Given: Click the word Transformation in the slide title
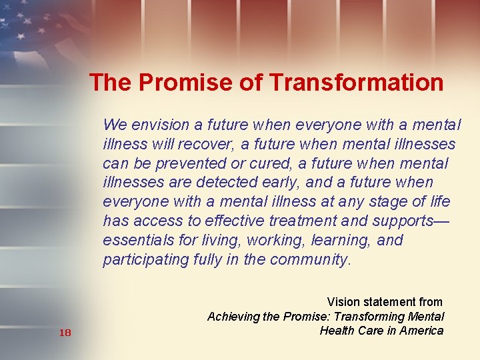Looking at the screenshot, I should pos(357,83).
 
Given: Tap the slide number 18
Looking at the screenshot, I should pos(65,332).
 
